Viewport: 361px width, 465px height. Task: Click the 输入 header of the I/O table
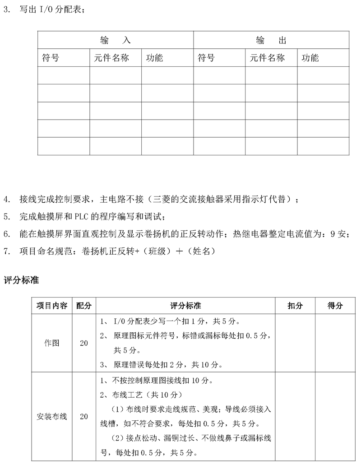[115, 40]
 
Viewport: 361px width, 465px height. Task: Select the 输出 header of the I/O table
[271, 40]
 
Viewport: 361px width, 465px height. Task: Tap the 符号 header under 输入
[50, 58]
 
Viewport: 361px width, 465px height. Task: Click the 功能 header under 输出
[310, 58]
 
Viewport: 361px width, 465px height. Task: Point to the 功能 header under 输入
[154, 58]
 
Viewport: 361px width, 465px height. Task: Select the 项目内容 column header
[52, 306]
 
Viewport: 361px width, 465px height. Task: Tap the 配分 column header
[84, 306]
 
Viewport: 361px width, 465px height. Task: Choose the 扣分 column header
[295, 306]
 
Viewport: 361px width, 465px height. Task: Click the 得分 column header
[335, 306]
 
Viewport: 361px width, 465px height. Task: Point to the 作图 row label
[52, 343]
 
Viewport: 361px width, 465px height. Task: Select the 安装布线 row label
[52, 416]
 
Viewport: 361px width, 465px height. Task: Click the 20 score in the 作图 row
[84, 343]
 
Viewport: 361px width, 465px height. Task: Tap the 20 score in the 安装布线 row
[84, 416]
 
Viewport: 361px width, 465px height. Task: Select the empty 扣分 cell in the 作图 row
[295, 343]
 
